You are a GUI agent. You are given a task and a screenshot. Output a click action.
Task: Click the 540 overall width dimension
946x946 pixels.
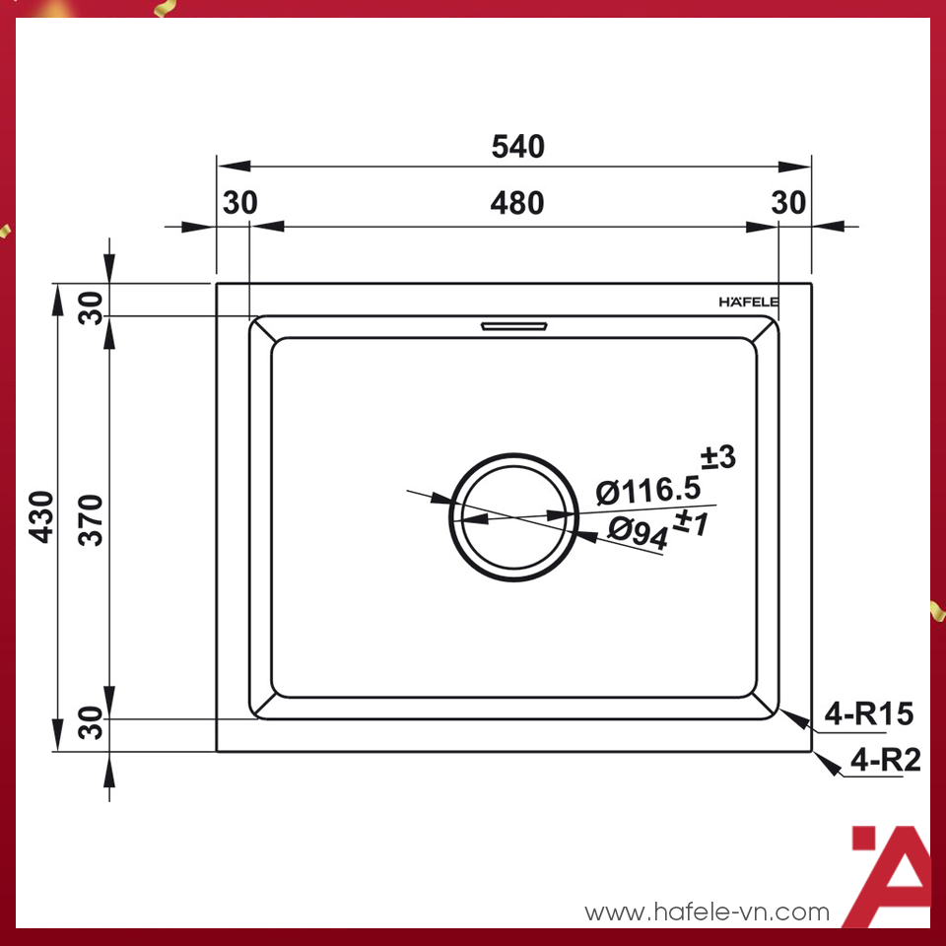(x=517, y=147)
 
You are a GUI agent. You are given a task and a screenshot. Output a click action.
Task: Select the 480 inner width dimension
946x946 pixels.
(x=517, y=203)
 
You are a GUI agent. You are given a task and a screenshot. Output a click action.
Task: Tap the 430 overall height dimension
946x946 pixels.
(x=41, y=517)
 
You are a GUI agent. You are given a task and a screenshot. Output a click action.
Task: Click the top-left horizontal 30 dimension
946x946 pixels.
(x=239, y=203)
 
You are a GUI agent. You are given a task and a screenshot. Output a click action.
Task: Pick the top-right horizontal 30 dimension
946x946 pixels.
(x=788, y=203)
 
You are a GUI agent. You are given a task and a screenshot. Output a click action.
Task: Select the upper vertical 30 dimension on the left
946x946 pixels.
(x=91, y=308)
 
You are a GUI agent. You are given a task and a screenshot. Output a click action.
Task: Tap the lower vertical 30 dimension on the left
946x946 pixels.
(x=91, y=727)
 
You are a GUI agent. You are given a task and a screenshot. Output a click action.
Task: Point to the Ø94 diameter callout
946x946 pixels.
(x=637, y=530)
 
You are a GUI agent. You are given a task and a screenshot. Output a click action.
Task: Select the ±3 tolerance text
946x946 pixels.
(x=718, y=457)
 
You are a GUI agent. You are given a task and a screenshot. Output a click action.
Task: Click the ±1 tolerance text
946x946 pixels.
(x=691, y=523)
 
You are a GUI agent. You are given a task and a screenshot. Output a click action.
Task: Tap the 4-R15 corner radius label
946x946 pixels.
(x=869, y=713)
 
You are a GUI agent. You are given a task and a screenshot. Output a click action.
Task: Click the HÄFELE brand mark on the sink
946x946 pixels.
(x=748, y=302)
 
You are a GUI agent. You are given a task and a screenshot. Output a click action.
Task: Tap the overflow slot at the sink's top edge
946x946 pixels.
(x=513, y=324)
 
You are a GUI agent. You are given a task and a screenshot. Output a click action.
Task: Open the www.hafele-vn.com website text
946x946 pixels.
(x=707, y=912)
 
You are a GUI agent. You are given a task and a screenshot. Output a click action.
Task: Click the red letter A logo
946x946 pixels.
(x=890, y=875)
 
